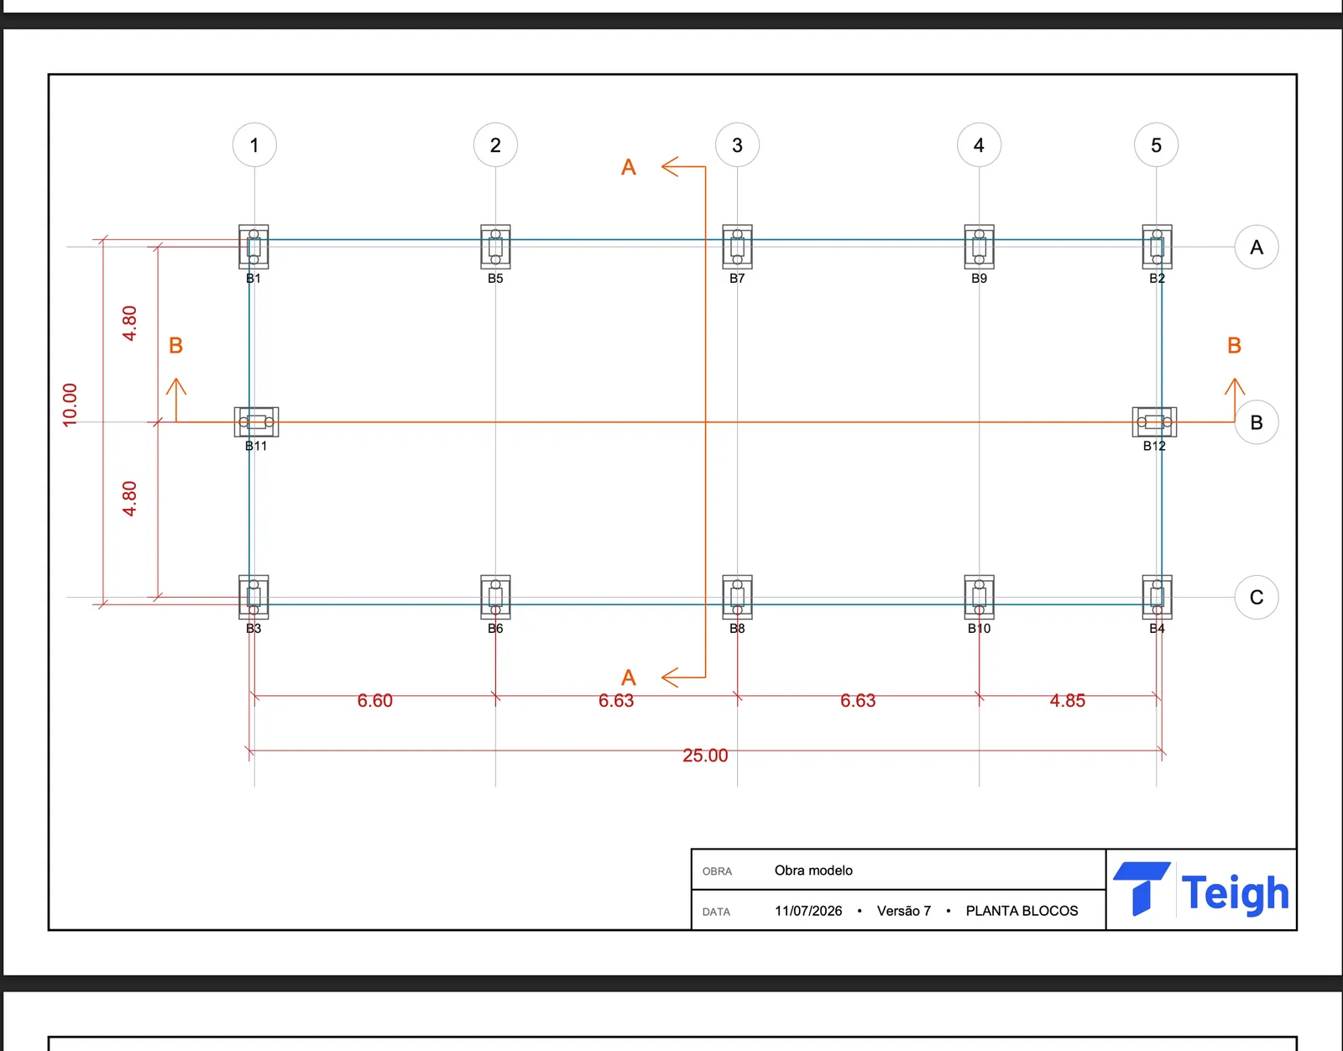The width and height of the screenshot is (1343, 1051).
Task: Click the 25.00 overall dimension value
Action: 705,755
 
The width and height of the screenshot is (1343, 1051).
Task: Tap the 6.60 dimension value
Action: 374,701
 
